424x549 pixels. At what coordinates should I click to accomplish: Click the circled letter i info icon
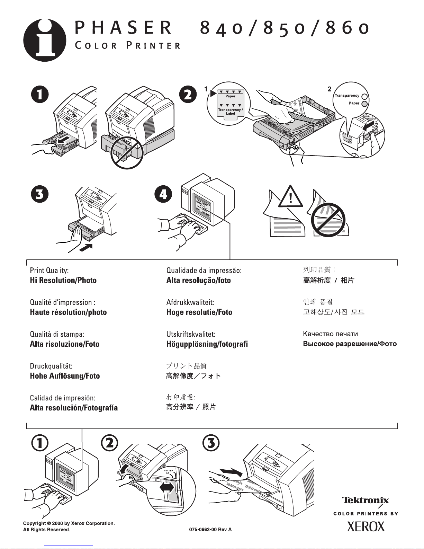pos(45,40)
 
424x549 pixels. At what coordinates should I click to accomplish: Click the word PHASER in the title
pos(123,28)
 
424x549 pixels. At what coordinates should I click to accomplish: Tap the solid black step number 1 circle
pos(40,95)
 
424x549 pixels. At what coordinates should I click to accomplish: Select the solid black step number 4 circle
pos(163,194)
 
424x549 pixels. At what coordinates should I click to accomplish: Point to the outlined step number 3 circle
pos(211,443)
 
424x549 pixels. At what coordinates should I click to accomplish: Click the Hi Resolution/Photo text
pos(63,280)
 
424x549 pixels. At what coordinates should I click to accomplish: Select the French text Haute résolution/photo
pos(68,312)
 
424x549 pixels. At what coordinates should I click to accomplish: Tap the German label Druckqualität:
pos(51,366)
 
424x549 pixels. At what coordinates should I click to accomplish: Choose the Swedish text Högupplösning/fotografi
pos(207,344)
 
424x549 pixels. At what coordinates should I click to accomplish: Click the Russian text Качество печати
pos(330,334)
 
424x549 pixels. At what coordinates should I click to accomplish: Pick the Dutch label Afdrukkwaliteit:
pos(190,302)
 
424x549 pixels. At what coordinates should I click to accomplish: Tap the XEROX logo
pos(366,527)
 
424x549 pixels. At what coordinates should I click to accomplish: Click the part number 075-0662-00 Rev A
pos(210,530)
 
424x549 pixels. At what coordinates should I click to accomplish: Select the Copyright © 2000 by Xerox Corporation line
pos(69,523)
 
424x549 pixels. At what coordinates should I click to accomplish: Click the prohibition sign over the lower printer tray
pos(127,152)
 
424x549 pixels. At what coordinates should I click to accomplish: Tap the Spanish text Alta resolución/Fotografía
pos(74,408)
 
